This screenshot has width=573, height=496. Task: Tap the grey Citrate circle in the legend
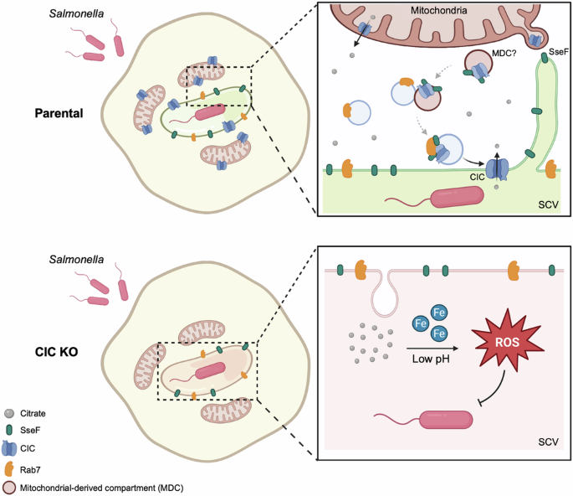pos(10,413)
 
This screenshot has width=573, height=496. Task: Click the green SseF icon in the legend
pos(10,431)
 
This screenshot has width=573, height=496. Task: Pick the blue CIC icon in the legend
pos(10,448)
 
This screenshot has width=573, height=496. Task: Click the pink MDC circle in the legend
pos(10,487)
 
